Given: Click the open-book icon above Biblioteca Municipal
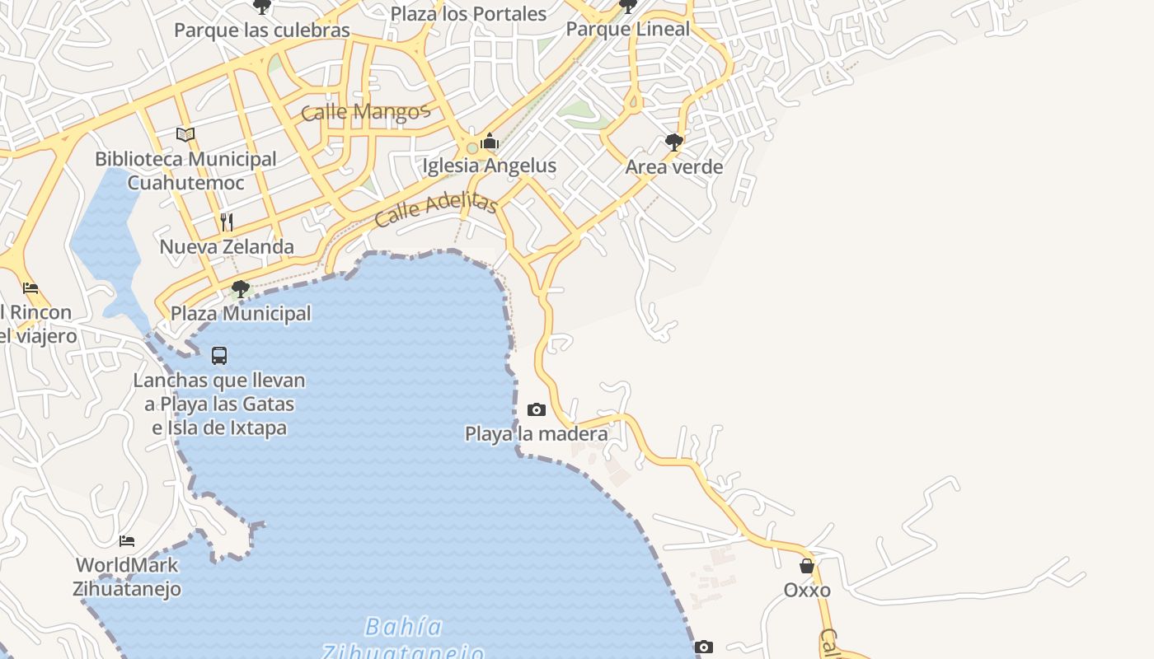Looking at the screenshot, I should pyautogui.click(x=185, y=134).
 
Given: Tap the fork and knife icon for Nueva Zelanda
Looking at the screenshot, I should pyautogui.click(x=227, y=222).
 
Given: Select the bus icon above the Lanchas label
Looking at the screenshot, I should pyautogui.click(x=219, y=356).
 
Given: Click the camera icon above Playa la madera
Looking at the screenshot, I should pyautogui.click(x=537, y=409).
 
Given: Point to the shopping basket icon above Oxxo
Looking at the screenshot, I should pyautogui.click(x=807, y=566).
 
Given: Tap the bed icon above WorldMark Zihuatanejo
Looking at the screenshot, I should pyautogui.click(x=127, y=540).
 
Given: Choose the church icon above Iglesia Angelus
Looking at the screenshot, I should pyautogui.click(x=490, y=142).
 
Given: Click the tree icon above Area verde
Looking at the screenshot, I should pyautogui.click(x=673, y=142).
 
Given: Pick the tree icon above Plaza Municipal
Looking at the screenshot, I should pyautogui.click(x=241, y=288).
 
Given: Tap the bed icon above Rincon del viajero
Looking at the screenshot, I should pyautogui.click(x=30, y=288).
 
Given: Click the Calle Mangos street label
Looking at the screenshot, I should pyautogui.click(x=366, y=111).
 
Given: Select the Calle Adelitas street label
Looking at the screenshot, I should pyautogui.click(x=436, y=211).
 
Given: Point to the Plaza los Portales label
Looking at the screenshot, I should pyautogui.click(x=468, y=14).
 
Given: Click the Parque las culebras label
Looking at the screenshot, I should pyautogui.click(x=262, y=30).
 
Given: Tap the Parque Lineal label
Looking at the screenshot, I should pyautogui.click(x=628, y=29).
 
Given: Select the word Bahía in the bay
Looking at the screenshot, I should pyautogui.click(x=404, y=627).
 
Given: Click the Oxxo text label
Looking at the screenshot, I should pyautogui.click(x=807, y=590).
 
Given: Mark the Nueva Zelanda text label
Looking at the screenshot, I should pyautogui.click(x=227, y=246).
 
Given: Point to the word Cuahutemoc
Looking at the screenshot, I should pyautogui.click(x=185, y=182).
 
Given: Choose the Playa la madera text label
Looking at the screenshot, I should pyautogui.click(x=537, y=433).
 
